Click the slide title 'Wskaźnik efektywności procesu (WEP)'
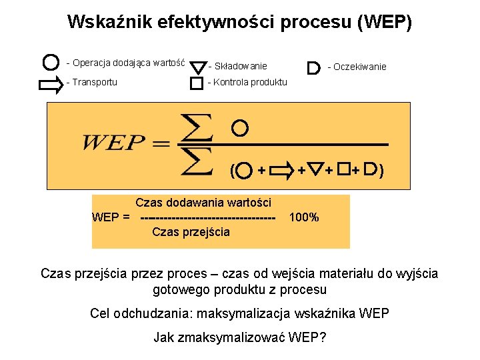240,23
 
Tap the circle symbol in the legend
49,63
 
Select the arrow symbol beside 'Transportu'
49,84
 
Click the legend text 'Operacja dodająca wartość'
125,63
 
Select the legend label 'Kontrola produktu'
247,82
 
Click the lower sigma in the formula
196,161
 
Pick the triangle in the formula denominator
316,171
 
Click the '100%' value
304,217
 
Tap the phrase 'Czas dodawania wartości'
203,202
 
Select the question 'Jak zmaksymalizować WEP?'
240,337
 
